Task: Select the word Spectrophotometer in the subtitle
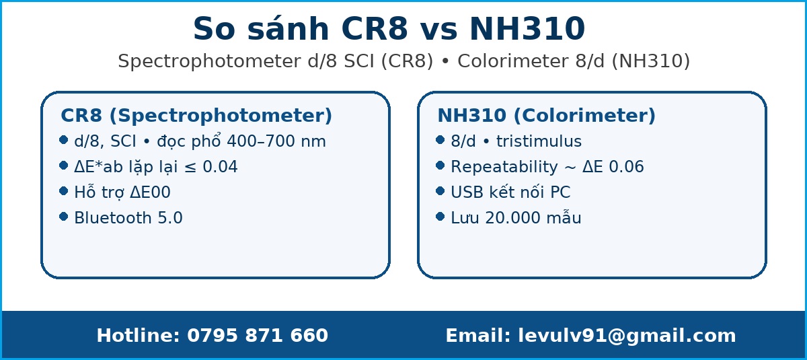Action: pyautogui.click(x=209, y=61)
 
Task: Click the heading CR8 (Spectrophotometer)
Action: pyautogui.click(x=196, y=116)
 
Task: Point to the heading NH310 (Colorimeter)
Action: pyautogui.click(x=546, y=116)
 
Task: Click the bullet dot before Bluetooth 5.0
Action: pyautogui.click(x=63, y=217)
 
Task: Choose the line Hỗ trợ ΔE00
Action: pyautogui.click(x=122, y=192)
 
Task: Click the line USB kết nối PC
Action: pyautogui.click(x=510, y=192)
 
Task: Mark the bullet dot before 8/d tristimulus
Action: pyautogui.click(x=440, y=140)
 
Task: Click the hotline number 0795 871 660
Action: pyautogui.click(x=257, y=336)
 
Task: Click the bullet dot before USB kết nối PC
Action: pyautogui.click(x=440, y=191)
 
